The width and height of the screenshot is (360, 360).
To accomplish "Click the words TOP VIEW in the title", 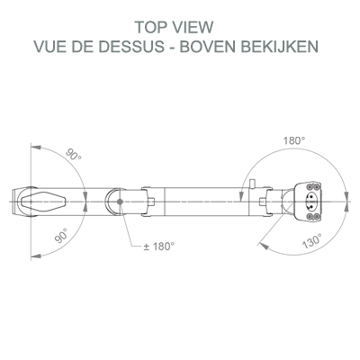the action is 174,27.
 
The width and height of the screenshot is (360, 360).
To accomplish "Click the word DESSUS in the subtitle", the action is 135,47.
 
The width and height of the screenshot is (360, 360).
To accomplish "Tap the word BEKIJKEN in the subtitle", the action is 280,47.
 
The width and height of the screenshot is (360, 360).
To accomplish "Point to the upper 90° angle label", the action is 74,155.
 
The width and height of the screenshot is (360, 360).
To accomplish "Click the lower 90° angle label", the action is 61,235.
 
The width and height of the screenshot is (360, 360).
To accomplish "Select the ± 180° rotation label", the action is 158,247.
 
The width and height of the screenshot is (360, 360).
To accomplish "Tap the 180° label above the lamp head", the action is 294,140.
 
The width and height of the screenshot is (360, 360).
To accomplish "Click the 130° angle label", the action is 312,241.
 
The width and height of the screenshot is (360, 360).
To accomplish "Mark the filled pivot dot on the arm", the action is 120,202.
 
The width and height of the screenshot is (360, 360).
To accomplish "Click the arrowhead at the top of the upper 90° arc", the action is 36,148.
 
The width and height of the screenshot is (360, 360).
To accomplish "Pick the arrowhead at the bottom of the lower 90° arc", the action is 36,256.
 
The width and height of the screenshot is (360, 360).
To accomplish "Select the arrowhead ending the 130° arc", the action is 263,246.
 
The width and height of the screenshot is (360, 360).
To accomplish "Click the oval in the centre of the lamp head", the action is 310,202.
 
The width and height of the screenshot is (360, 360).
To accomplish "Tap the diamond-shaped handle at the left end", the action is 43,202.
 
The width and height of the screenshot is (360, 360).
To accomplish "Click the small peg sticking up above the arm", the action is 253,184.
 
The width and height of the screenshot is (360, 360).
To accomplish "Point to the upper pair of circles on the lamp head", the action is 313,186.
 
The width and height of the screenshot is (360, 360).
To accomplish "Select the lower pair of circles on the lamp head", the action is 313,217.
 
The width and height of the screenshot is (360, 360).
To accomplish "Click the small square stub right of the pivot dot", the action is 152,202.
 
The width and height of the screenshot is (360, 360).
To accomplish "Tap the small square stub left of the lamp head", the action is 264,202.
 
